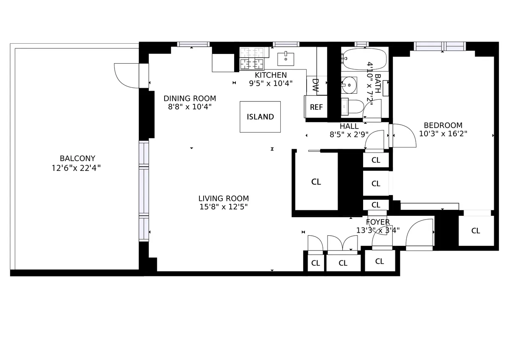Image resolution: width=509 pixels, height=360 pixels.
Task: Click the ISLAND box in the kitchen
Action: pos(260,117)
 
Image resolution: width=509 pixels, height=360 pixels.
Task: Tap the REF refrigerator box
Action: pos(316,107)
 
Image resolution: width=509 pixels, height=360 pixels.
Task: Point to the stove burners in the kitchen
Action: pos(252,59)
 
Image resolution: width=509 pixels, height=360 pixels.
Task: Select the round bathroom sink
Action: pos(349,85)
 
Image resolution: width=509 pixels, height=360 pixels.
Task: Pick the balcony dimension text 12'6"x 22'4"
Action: pos(76,168)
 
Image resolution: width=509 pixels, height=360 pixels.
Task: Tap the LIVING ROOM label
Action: pos(224,198)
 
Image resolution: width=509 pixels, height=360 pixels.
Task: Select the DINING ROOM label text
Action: pos(190,98)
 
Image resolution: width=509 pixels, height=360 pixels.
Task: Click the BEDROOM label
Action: pos(443,125)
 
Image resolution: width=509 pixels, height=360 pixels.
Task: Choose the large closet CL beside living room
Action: pos(316,181)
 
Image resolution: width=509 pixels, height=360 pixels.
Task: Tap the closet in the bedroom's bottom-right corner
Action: pos(475,230)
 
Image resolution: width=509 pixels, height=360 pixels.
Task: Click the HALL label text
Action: pos(349,126)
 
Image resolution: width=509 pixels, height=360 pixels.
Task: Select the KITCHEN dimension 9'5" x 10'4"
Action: pos(271,83)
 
